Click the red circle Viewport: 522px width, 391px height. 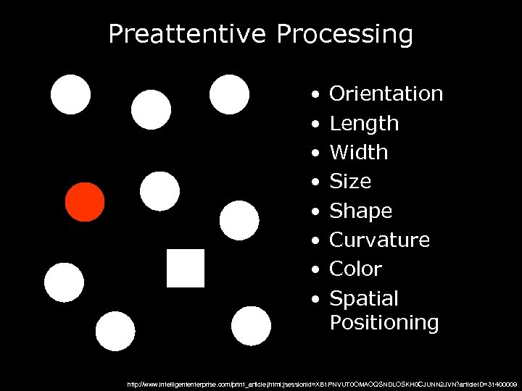[x=85, y=201]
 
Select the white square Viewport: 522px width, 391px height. [x=186, y=268]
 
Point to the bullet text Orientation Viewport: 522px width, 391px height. [x=386, y=94]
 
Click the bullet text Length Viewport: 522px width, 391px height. [x=364, y=124]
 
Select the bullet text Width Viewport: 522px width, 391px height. [x=359, y=153]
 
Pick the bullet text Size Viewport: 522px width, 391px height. [x=350, y=181]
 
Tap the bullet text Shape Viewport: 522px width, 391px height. [x=360, y=211]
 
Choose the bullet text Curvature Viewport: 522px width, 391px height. [x=380, y=240]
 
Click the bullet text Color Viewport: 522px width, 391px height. [x=355, y=269]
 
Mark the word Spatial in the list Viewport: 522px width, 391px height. [x=364, y=298]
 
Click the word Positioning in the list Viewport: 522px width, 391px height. [x=384, y=322]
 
